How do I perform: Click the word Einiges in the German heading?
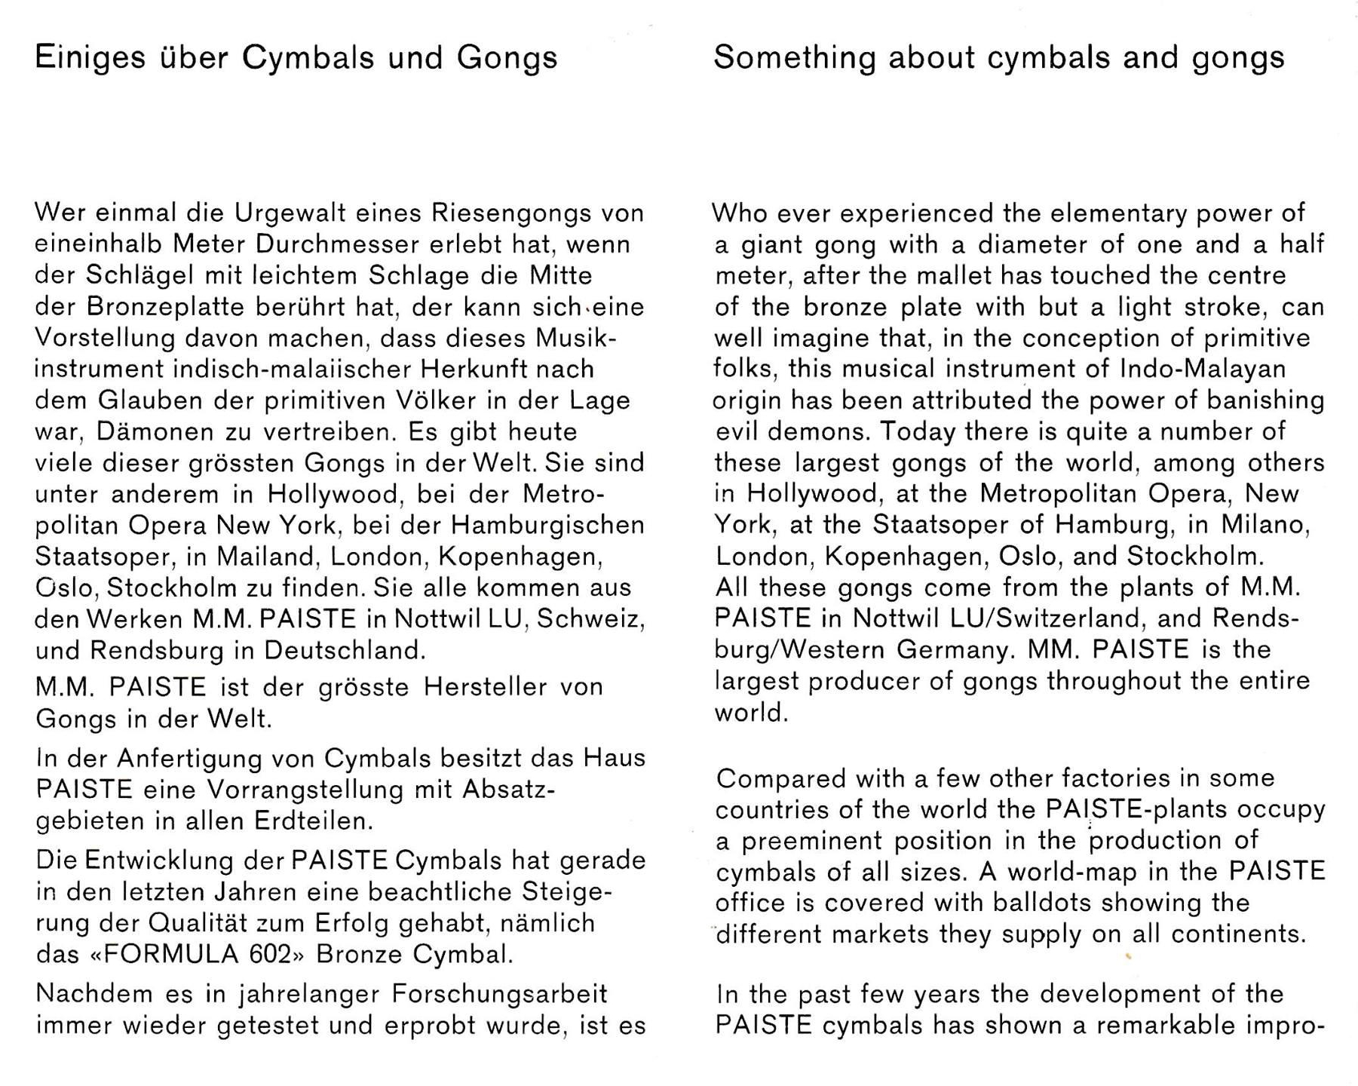(90, 59)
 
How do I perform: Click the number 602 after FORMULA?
(269, 955)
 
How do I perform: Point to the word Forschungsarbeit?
(500, 994)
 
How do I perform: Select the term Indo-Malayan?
(1203, 370)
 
